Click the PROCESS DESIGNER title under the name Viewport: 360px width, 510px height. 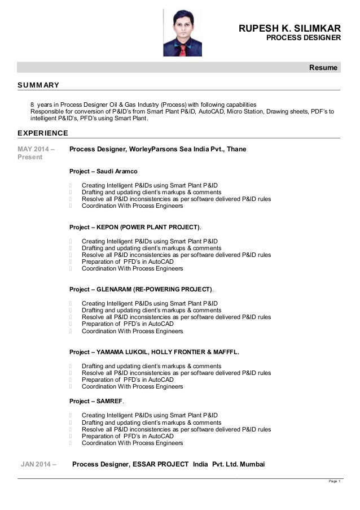304,38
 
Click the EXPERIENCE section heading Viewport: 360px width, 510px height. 43,133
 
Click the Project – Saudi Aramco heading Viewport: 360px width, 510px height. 103,171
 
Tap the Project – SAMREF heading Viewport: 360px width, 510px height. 96,401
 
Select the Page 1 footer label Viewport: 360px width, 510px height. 334,481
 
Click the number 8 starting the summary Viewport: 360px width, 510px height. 32,104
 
